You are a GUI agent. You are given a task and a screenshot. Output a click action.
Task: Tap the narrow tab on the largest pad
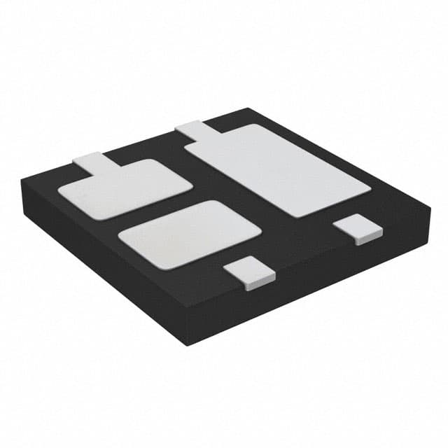point(190,130)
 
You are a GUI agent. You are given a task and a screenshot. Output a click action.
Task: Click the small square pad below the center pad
point(251,272)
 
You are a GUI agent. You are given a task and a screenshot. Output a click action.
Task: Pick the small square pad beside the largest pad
point(356,230)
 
